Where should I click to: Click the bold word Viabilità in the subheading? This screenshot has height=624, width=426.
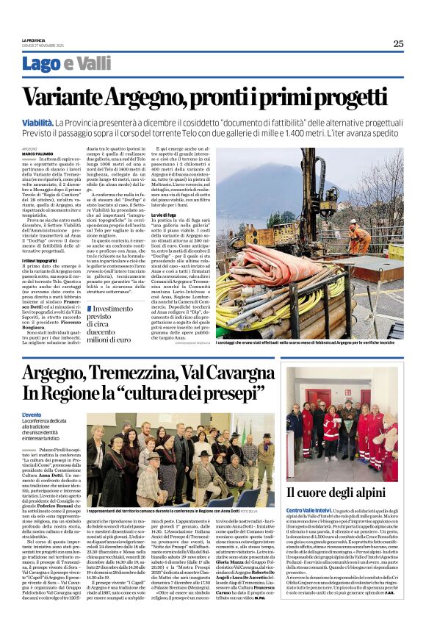click(x=37, y=122)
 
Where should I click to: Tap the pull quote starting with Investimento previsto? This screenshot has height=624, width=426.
click(x=112, y=324)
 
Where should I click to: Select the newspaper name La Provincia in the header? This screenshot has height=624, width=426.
click(x=33, y=40)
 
